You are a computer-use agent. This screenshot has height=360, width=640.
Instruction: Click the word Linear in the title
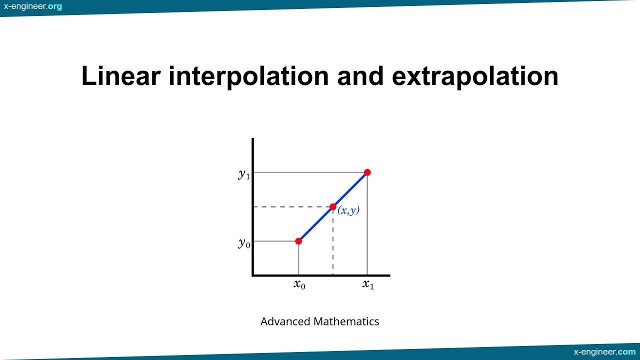coord(120,76)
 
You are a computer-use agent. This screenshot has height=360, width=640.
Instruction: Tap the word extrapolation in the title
coord(475,76)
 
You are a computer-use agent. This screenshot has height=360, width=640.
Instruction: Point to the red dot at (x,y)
coord(333,206)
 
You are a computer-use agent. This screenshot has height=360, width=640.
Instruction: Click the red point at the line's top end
coord(367,172)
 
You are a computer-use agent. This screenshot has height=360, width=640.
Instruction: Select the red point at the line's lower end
coord(298,241)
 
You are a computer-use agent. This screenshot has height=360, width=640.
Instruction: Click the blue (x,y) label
coord(348,210)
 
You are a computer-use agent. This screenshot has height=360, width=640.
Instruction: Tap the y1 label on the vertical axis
coord(244,174)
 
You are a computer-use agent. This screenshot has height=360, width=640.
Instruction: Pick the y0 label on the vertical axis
coord(244,243)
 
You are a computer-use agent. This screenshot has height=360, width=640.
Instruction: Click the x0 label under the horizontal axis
coord(299,284)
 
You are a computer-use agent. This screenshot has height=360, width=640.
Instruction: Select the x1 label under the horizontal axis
coord(368,284)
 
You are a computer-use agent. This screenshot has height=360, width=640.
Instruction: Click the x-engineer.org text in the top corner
coord(33,6)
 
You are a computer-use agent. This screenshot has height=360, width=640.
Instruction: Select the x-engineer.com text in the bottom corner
coord(605,352)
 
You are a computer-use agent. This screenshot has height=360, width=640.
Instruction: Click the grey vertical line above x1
coord(367,225)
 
